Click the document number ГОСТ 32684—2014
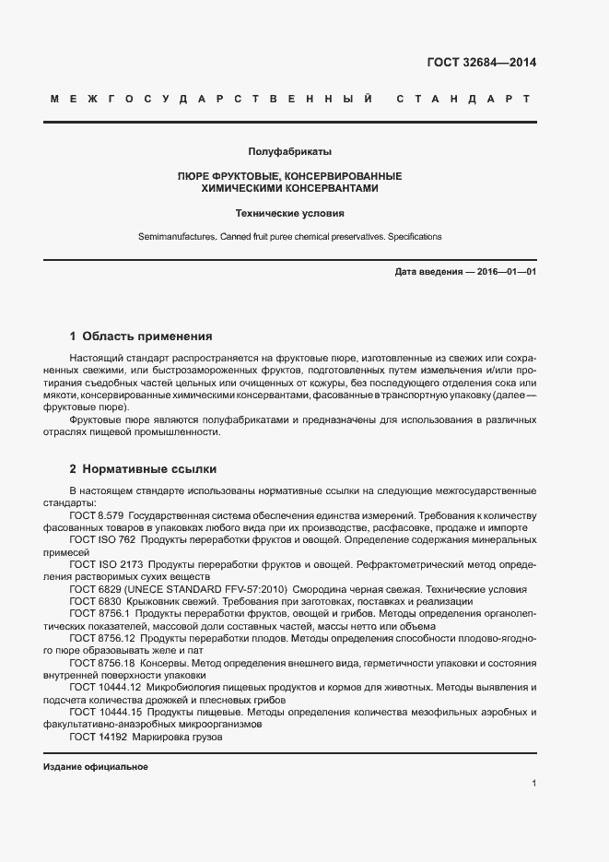pos(481,64)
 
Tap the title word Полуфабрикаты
pos(289,151)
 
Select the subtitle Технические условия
pos(289,213)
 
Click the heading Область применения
pos(147,337)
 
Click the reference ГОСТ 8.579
pos(97,515)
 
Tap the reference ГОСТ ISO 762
pos(102,539)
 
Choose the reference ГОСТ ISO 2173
pos(105,563)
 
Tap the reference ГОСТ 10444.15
pos(105,712)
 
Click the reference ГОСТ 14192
pos(100,737)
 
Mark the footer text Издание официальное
pos(96,767)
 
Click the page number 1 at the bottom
pos(533,784)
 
